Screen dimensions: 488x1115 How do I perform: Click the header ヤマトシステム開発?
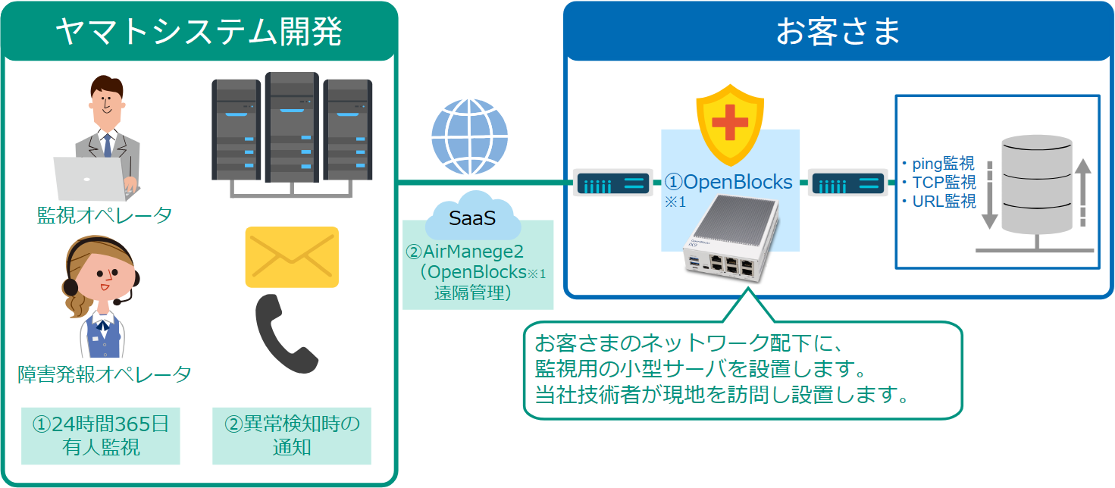point(199,32)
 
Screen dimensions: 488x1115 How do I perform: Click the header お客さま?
point(838,32)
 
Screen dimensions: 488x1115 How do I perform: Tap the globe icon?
point(469,136)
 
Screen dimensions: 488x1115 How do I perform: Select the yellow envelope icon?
point(292,257)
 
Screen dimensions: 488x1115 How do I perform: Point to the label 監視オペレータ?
point(105,216)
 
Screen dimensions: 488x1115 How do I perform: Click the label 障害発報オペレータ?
point(105,374)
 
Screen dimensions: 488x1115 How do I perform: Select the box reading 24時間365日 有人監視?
point(101,436)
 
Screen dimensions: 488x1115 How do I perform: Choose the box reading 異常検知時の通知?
point(292,436)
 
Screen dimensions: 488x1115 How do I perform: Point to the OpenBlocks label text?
point(728,183)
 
